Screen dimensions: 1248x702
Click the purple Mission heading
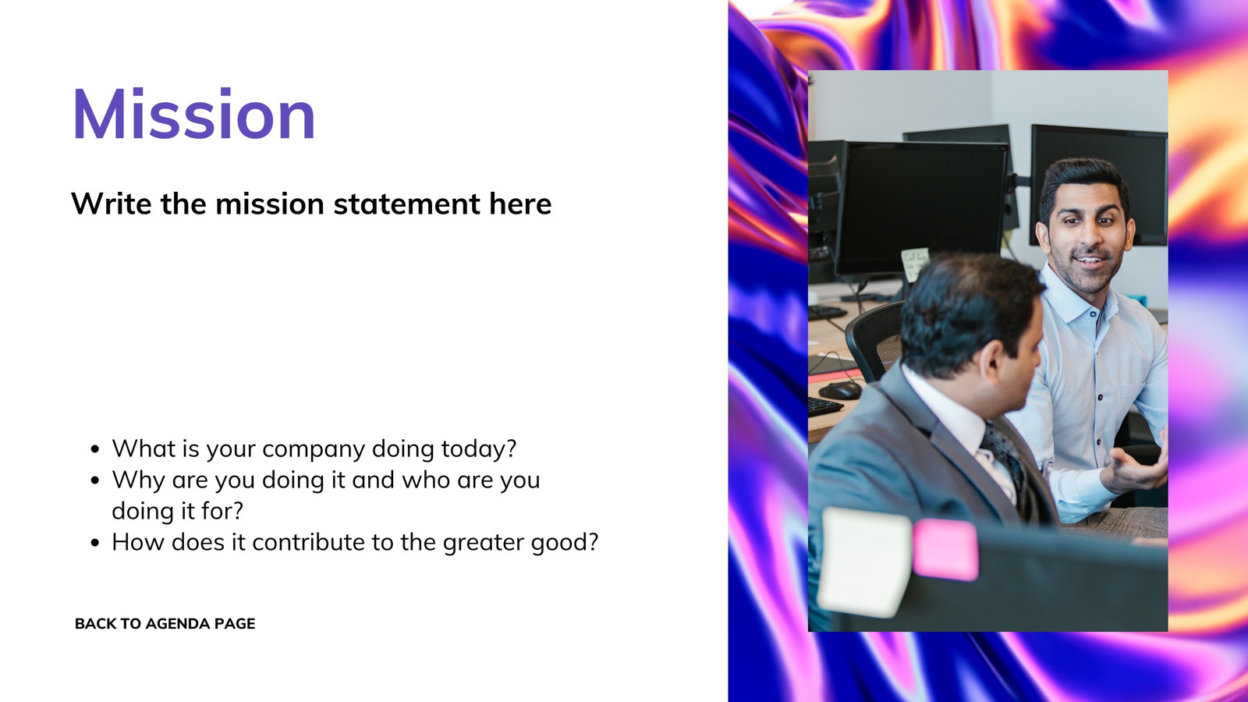(194, 114)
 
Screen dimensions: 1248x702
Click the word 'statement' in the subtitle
(406, 204)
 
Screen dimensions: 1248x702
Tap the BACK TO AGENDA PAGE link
(165, 623)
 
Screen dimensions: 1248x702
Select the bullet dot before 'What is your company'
(94, 449)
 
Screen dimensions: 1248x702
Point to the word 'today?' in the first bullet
(479, 449)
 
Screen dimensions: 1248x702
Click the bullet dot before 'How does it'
(94, 543)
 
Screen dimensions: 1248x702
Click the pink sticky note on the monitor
(945, 549)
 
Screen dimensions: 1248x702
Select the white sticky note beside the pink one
(865, 562)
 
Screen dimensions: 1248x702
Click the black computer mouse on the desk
(841, 391)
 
